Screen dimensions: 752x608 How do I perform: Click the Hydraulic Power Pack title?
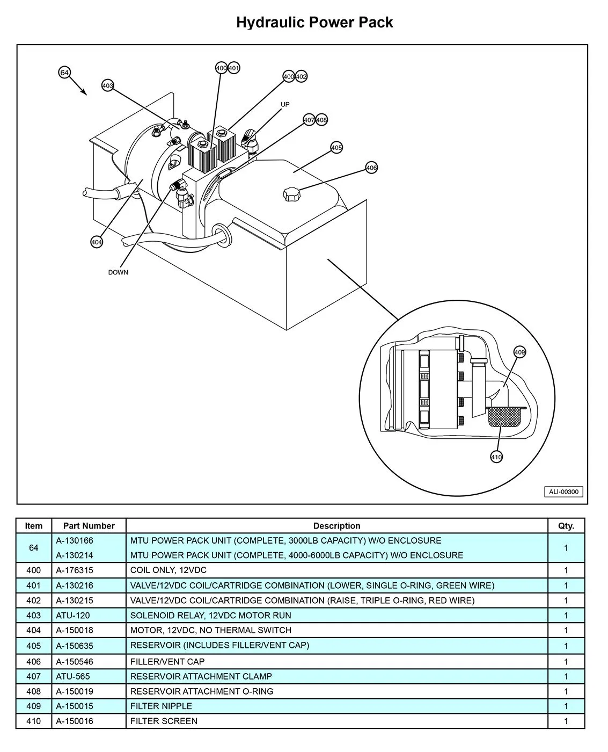(x=314, y=23)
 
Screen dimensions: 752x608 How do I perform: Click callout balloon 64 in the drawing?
(x=64, y=73)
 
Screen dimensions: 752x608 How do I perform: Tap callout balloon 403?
(x=108, y=85)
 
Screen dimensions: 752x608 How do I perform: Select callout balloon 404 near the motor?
(x=97, y=242)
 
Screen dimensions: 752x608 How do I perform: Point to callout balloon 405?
(x=336, y=147)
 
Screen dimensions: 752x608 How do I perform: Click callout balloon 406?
(x=371, y=168)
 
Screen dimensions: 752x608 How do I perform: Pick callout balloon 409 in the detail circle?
(x=519, y=352)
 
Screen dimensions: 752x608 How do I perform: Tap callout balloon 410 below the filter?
(x=496, y=457)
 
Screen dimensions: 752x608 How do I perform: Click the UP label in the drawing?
(x=285, y=104)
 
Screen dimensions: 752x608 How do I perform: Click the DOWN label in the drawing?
(x=118, y=272)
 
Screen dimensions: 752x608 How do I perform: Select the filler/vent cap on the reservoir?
(x=292, y=193)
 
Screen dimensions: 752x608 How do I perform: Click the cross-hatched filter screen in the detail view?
(x=504, y=416)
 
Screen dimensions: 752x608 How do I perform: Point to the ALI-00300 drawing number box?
(x=563, y=491)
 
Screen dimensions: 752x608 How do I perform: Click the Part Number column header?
(x=89, y=526)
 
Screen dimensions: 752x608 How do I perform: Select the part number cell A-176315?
(x=75, y=570)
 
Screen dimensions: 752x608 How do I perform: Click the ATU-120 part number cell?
(x=73, y=616)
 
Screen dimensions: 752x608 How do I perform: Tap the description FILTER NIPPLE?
(x=161, y=706)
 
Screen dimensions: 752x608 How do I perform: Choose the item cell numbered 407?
(x=34, y=676)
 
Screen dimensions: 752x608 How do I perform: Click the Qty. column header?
(x=566, y=526)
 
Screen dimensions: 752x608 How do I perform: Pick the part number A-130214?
(x=75, y=555)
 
